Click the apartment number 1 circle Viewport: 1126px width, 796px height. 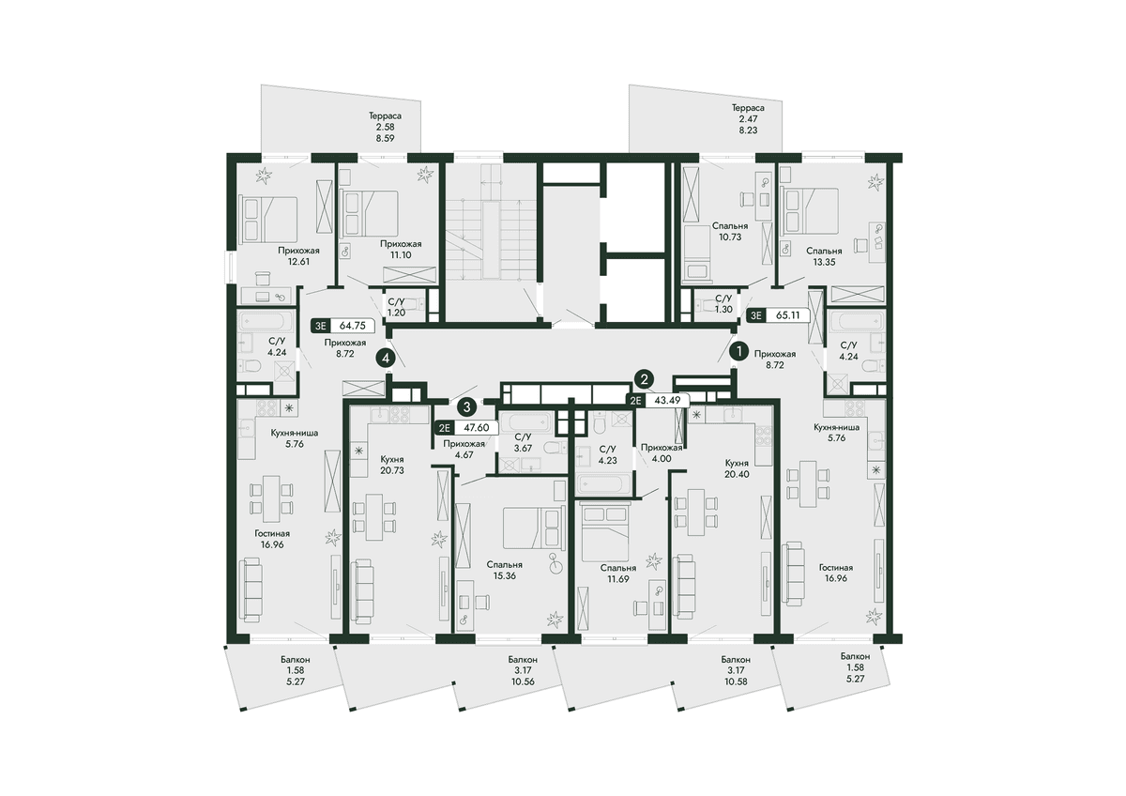739,352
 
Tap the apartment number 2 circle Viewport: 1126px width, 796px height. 644,378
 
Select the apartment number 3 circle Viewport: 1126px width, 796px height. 467,406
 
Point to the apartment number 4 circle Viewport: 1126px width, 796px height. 386,359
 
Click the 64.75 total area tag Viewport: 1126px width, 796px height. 342,326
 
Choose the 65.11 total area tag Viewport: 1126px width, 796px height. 778,315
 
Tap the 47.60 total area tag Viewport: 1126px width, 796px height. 467,428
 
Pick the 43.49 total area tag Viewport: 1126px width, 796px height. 657,400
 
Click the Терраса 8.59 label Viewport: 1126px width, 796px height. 385,127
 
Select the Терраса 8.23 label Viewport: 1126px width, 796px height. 748,118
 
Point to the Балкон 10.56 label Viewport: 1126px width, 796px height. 523,670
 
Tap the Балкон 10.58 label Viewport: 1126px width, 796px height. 736,670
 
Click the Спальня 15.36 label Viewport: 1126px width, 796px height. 504,570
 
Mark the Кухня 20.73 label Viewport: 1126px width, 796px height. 392,465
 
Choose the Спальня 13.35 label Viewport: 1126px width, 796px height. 824,256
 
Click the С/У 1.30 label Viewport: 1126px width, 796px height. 723,304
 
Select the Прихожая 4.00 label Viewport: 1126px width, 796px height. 662,452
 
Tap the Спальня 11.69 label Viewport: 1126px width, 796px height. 618,573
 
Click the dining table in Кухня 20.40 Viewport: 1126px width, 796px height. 696,512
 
